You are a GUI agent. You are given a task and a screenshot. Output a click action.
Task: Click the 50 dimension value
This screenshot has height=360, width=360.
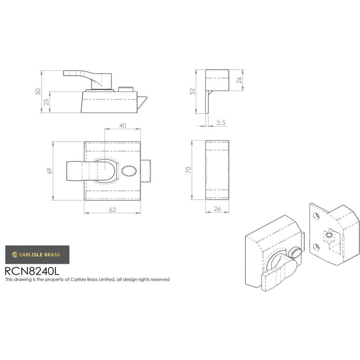pyautogui.click(x=38, y=91)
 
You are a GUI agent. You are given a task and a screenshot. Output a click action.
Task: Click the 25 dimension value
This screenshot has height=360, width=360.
pyautogui.click(x=46, y=102)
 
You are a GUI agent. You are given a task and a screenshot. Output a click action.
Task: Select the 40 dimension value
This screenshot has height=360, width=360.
pyautogui.click(x=123, y=125)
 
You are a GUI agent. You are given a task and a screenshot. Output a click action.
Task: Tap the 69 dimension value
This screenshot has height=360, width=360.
pyautogui.click(x=49, y=171)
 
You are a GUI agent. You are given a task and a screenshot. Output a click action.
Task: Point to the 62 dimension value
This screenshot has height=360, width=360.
pyautogui.click(x=112, y=210)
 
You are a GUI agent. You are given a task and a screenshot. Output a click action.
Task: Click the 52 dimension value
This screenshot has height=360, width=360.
pyautogui.click(x=192, y=91)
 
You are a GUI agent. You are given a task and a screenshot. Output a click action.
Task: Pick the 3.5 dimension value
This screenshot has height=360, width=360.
pyautogui.click(x=220, y=123)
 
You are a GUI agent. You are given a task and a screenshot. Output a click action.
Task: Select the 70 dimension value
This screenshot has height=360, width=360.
pyautogui.click(x=188, y=170)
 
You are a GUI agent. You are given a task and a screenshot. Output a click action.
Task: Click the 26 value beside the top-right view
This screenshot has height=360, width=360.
pyautogui.click(x=239, y=80)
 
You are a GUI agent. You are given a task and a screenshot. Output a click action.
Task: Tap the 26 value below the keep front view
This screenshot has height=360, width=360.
pyautogui.click(x=217, y=209)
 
